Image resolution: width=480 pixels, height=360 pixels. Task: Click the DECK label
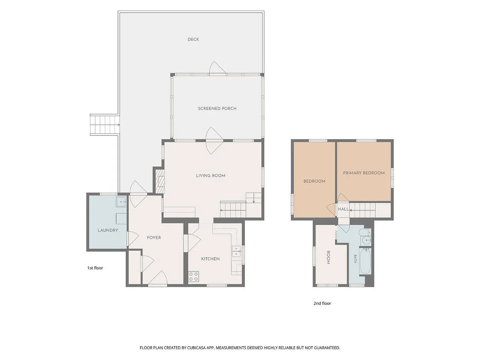pos(193,39)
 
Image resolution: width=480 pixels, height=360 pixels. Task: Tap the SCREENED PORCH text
pos(217,109)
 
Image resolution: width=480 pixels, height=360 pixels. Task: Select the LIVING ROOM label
pos(210,175)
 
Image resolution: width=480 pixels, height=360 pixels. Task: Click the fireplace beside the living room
pos(160,181)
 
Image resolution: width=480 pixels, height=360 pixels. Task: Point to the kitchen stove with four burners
pos(194,276)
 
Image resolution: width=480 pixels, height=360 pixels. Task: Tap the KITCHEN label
pos(210,259)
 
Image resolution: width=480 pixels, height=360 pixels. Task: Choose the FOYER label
pos(154,237)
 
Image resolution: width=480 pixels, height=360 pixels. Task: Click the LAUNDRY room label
pos(108,230)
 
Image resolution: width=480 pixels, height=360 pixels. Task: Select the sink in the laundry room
pos(121,202)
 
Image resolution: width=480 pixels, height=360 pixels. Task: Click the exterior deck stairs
pos(105,125)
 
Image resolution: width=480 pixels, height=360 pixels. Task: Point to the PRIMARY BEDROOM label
pos(364,173)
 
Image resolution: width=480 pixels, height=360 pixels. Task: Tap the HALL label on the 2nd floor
pos(343,209)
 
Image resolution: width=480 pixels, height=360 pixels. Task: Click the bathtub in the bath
pos(365,261)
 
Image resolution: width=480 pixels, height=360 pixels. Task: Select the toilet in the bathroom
pos(366,232)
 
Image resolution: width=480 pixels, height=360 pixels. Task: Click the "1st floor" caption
pos(95,268)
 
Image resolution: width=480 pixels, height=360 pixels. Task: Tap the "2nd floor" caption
pos(322,303)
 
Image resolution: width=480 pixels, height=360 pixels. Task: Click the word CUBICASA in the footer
pos(196,348)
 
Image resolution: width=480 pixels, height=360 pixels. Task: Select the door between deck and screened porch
pos(217,69)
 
